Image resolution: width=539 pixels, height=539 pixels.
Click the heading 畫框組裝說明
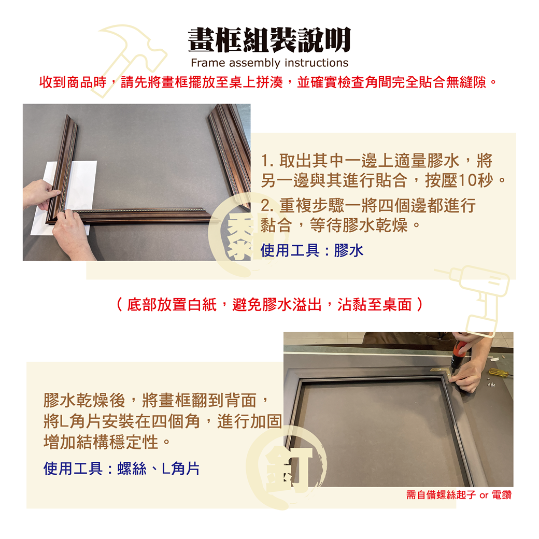point(269,40)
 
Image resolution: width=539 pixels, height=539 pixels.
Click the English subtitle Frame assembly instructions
point(269,63)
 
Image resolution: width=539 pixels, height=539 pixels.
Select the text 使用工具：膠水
point(312,250)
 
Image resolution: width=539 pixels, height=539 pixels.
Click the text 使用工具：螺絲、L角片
point(121,468)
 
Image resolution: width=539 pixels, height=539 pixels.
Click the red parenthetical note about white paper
point(269,305)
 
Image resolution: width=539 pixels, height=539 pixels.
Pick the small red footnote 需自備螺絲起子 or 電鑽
point(459,495)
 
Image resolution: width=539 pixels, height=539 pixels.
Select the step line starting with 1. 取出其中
point(377,161)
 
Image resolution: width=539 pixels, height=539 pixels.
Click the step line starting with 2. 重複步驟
point(368,206)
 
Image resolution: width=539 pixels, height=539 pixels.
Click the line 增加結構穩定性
point(107,442)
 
